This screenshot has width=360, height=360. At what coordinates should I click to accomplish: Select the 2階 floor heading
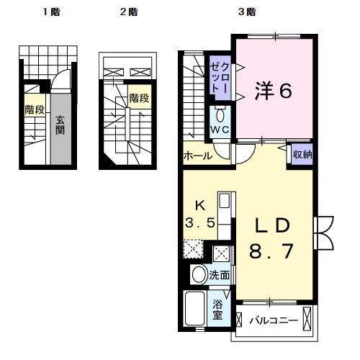pyautogui.click(x=129, y=12)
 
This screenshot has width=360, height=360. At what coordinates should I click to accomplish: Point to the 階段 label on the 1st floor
pyautogui.click(x=35, y=109)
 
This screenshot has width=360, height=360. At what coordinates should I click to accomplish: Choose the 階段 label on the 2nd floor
pyautogui.click(x=139, y=97)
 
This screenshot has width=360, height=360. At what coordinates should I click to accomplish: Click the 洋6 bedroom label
pyautogui.click(x=273, y=91)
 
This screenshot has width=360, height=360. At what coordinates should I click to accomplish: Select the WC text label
pyautogui.click(x=220, y=130)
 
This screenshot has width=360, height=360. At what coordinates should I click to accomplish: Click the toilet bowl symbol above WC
pyautogui.click(x=220, y=114)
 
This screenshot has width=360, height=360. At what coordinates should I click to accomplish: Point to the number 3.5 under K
pyautogui.click(x=199, y=222)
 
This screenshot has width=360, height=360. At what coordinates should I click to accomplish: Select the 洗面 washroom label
pyautogui.click(x=220, y=274)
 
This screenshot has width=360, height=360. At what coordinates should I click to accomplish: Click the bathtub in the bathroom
pyautogui.click(x=195, y=310)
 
